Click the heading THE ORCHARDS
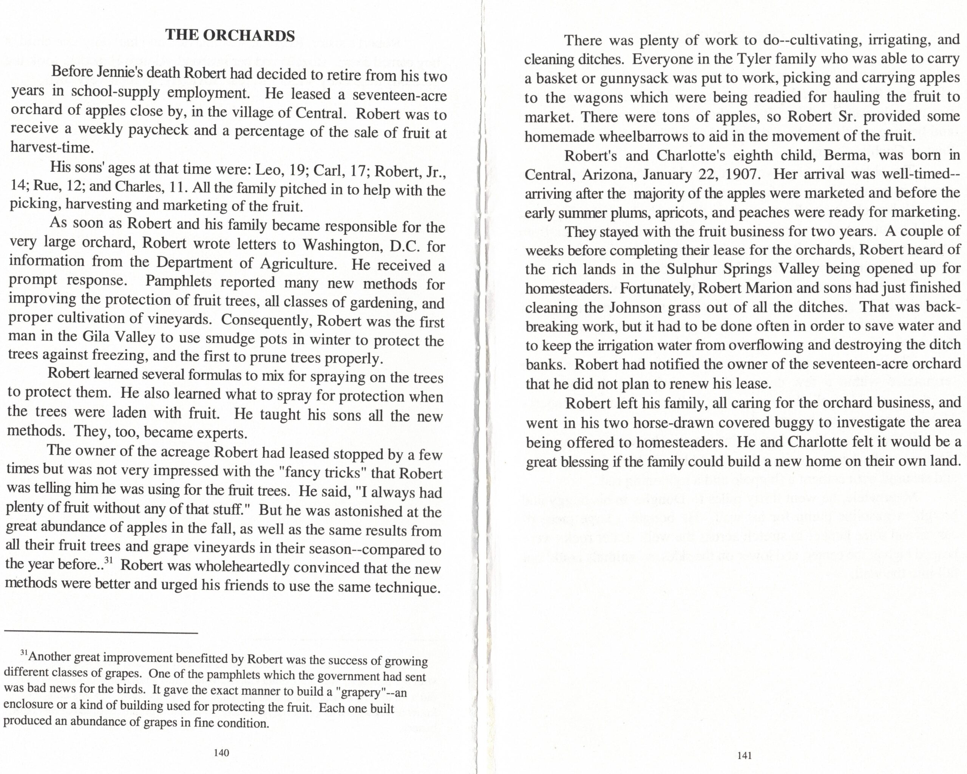230,35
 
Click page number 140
222,753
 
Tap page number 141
745,755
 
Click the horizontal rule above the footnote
101,633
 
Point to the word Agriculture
298,264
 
